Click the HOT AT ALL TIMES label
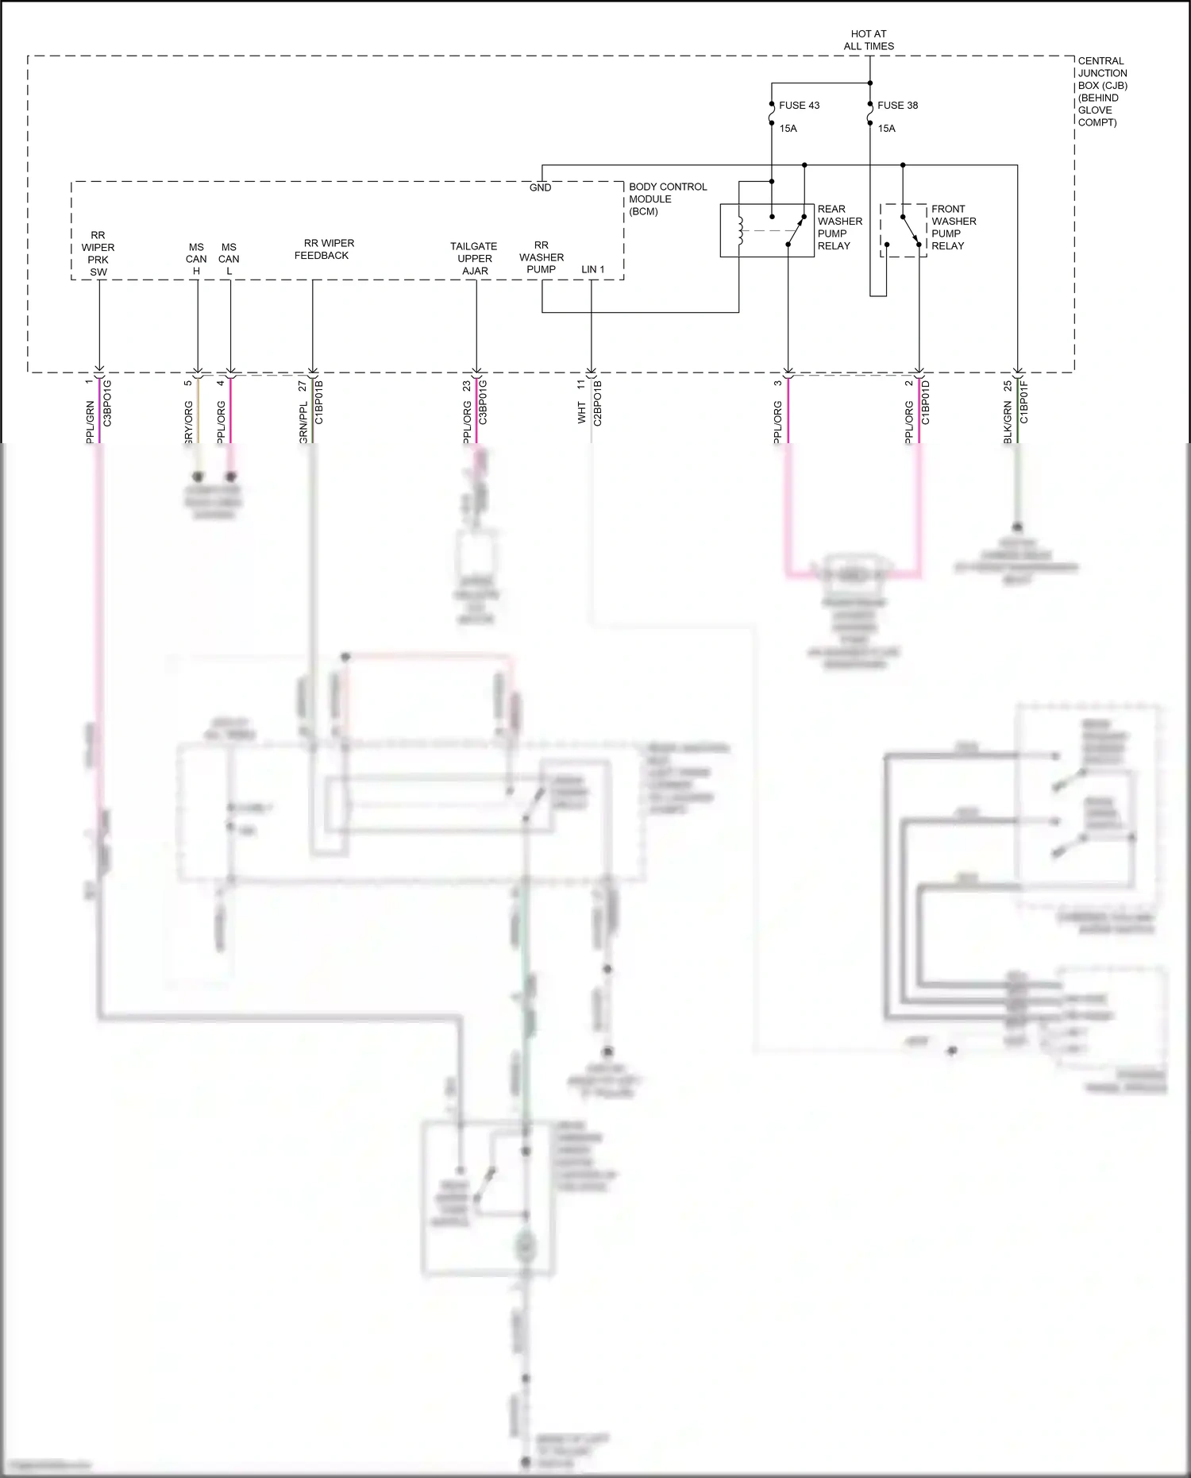pos(869,40)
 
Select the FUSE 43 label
pos(799,105)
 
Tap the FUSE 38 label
pos(897,105)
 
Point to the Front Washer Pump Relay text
pos(954,227)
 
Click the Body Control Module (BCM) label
pos(667,199)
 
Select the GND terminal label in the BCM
pos(540,187)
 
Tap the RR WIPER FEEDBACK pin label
pos(324,249)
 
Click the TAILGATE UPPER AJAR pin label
pos(474,258)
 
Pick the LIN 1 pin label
pos(592,269)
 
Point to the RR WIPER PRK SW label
pos(98,253)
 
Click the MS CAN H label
pos(196,259)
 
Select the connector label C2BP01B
pos(598,403)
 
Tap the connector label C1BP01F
pos(1024,401)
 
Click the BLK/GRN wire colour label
pos(1008,423)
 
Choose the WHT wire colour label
pos(582,412)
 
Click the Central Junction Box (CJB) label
pos(1102,91)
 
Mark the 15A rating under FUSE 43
pos(788,129)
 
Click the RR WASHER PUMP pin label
pos(541,257)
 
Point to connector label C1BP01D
pos(926,402)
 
